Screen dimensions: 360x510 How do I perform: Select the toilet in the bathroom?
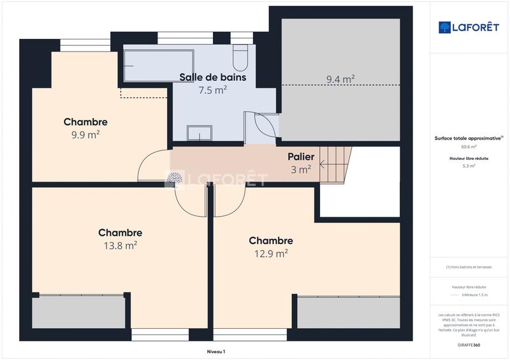(240, 58)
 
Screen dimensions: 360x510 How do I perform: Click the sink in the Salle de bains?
(200, 133)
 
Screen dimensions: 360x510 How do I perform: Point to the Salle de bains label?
(212, 77)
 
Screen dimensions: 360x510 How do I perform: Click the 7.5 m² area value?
(213, 90)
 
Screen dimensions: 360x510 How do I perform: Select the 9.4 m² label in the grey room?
(340, 80)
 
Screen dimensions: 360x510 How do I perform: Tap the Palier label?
(301, 156)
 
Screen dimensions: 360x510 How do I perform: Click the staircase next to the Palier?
(335, 163)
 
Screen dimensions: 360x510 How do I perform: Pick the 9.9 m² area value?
(85, 135)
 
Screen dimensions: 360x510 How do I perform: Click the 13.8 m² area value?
(121, 245)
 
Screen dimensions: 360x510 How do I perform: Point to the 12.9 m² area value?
(271, 253)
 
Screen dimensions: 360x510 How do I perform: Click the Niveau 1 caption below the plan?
(216, 351)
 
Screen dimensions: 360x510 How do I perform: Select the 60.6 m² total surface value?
(469, 146)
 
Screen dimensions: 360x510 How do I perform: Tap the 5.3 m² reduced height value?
(469, 166)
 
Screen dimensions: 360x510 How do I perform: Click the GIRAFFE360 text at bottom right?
(469, 343)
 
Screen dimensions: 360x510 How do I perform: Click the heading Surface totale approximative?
(467, 137)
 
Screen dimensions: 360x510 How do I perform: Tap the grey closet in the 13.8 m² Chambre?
(79, 312)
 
